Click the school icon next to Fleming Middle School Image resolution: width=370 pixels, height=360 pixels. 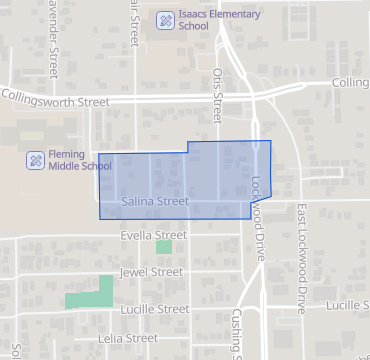pos(35,160)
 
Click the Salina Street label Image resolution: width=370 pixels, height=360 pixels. pos(154,201)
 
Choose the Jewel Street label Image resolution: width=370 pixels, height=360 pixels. pos(150,272)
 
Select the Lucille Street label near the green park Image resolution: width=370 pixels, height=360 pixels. pos(152,310)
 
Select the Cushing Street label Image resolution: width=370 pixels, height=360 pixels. pos(236,335)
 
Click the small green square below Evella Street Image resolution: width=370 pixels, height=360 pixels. pos(164,246)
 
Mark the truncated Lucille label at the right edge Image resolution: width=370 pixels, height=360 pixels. pos(346,305)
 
